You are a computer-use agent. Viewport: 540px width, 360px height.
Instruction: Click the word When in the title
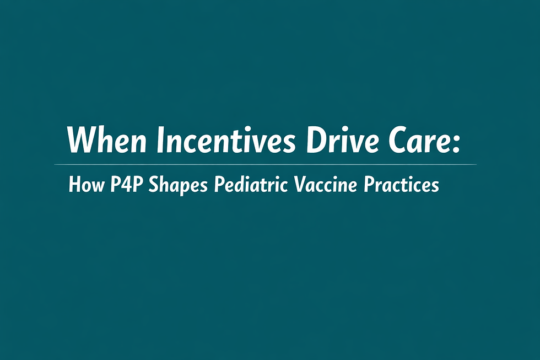(107, 141)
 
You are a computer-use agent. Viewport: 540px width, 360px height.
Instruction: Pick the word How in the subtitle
(85, 185)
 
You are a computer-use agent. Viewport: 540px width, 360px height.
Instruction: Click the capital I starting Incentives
(160, 141)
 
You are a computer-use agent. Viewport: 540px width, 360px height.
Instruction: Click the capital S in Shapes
(155, 185)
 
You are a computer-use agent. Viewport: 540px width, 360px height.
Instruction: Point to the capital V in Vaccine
(301, 185)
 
